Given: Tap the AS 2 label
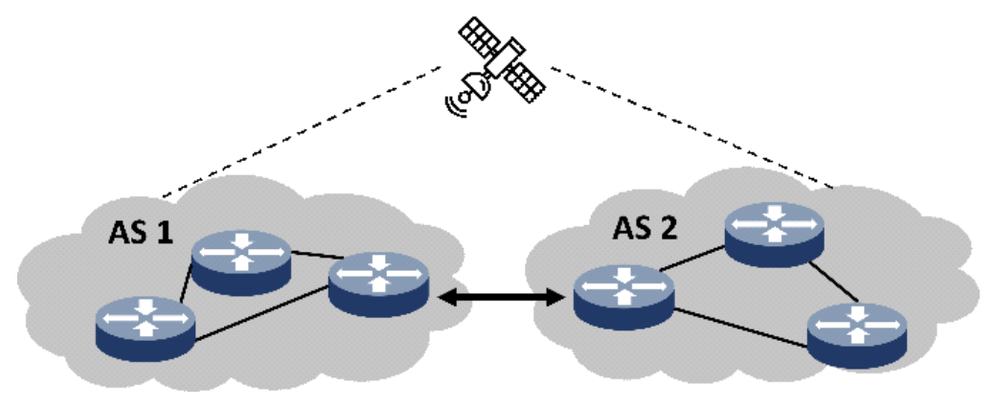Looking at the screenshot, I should [x=648, y=231].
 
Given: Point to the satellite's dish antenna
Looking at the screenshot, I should [x=472, y=88].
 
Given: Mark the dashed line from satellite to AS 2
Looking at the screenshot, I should [x=690, y=124].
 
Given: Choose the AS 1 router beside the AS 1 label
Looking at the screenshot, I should [x=241, y=260].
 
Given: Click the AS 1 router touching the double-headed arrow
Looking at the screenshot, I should [x=378, y=283].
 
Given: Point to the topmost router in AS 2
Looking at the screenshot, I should [x=775, y=233].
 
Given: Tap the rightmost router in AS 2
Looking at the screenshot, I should [x=856, y=335].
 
